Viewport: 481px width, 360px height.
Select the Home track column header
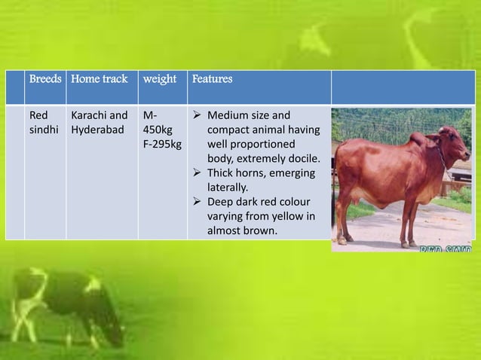pyautogui.click(x=99, y=80)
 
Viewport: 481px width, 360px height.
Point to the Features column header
pyautogui.click(x=212, y=80)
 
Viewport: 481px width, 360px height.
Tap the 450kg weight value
pyautogui.click(x=157, y=130)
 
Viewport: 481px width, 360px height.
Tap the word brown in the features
pyautogui.click(x=260, y=230)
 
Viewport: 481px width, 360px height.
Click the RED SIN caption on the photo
pyautogui.click(x=445, y=247)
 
